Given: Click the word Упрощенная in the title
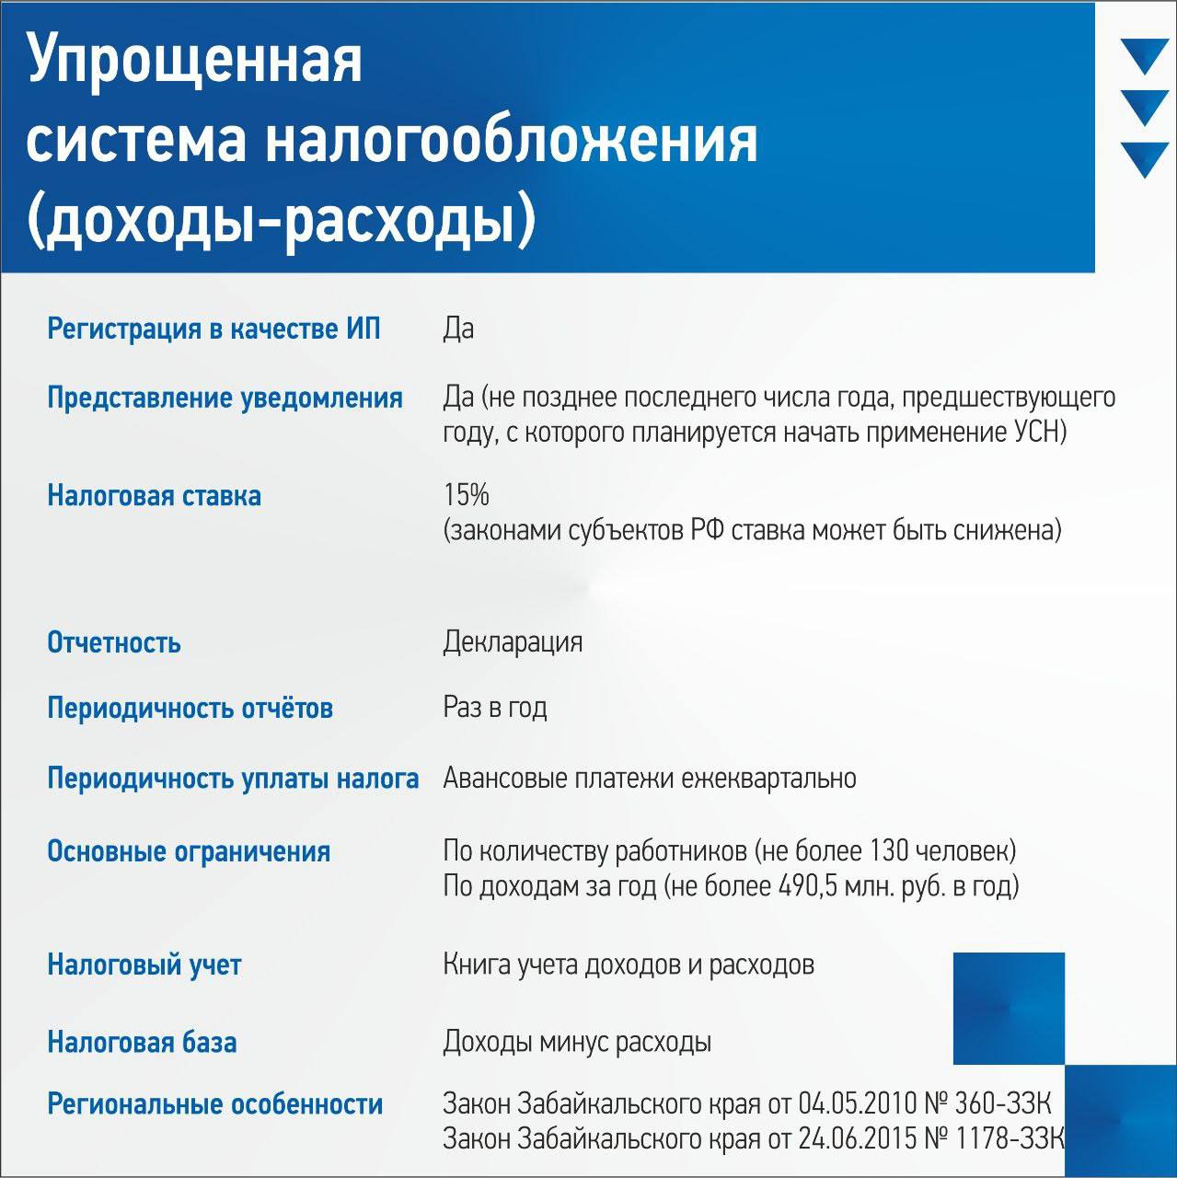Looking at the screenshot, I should point(195,61).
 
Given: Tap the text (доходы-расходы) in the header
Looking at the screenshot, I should point(281,221).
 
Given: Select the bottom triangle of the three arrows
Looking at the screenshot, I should point(1145,157).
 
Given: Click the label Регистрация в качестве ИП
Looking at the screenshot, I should point(213,329).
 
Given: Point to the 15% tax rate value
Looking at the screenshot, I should point(466,495).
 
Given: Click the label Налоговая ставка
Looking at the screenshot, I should point(154,496).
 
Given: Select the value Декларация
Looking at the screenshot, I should point(513,641).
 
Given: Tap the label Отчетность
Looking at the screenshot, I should point(113,642).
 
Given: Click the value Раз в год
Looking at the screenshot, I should point(494,708).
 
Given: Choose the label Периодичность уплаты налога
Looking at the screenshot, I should point(233,779).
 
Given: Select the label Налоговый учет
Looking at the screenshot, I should point(144,965).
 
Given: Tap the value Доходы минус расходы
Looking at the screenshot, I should point(577,1043).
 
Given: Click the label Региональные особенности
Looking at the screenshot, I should point(214,1104).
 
